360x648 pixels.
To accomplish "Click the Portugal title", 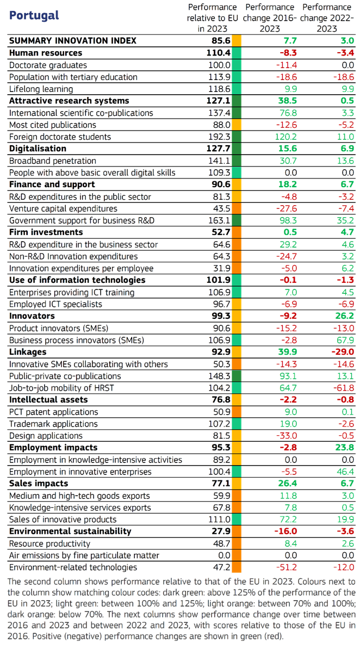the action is click(34, 15).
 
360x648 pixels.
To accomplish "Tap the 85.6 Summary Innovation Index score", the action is click(220, 40).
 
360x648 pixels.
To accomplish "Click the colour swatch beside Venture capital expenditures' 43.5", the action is click(237, 208).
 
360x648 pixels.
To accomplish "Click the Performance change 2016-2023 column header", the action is click(269, 18).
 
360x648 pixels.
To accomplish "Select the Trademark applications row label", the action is click(53, 424).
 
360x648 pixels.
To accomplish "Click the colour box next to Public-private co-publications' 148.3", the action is click(237, 376).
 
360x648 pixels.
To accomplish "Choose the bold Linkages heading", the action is click(28, 352).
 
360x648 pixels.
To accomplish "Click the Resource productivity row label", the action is click(49, 544).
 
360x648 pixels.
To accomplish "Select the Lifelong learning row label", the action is click(41, 89).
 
